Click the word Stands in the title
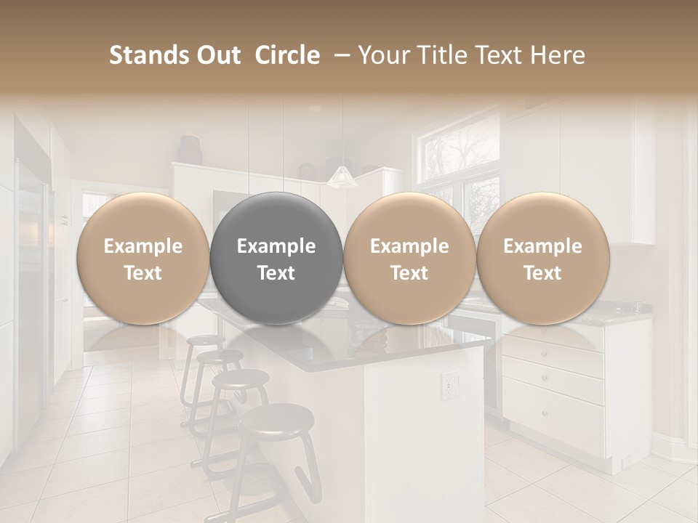coord(145,55)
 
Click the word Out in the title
coord(217,55)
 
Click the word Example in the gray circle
coord(276,246)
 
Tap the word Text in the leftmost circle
coord(143,273)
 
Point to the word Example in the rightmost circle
coord(542,246)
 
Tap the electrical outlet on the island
coord(451,384)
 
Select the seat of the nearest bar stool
coord(276,421)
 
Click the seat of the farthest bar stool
coord(204,339)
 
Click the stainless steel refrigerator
coord(31,276)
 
